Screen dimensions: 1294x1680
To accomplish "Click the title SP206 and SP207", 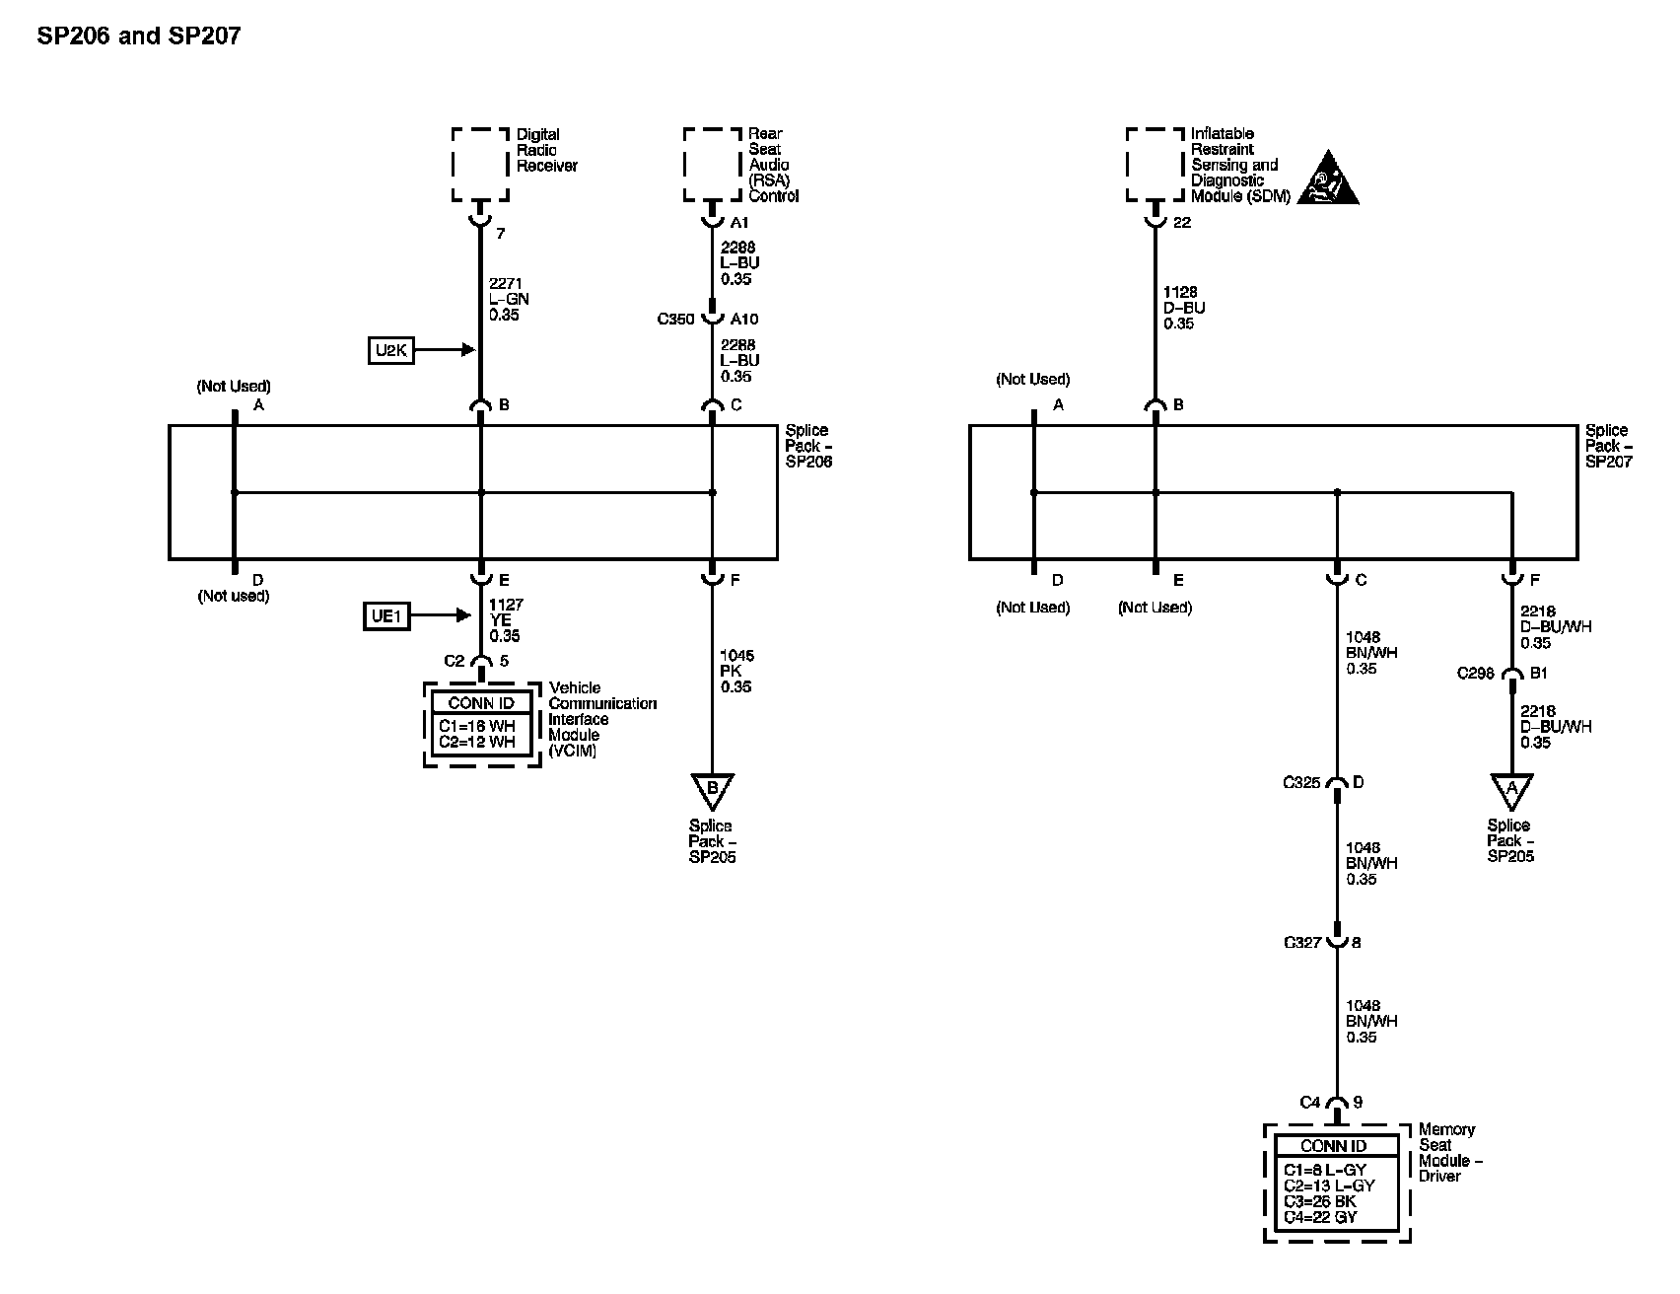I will pyautogui.click(x=138, y=36).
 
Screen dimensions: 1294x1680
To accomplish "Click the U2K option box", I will pyautogui.click(x=391, y=350).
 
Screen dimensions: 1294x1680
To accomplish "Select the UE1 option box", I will pyautogui.click(x=385, y=617).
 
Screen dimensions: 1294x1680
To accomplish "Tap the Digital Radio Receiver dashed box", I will pyautogui.click(x=482, y=164).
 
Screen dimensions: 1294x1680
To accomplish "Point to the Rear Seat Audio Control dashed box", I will pyautogui.click(x=713, y=164).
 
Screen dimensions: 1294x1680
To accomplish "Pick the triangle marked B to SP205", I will pyautogui.click(x=713, y=790).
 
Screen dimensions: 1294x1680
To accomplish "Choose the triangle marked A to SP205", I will pyautogui.click(x=1511, y=790).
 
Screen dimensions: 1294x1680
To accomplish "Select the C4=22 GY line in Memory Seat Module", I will pyautogui.click(x=1321, y=1217).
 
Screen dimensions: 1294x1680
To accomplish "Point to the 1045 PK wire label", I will pyautogui.click(x=736, y=671).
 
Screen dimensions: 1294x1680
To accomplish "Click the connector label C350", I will pyautogui.click(x=676, y=320).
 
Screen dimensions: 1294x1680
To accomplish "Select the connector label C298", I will pyautogui.click(x=1476, y=675).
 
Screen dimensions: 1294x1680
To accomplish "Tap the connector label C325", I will pyautogui.click(x=1301, y=783).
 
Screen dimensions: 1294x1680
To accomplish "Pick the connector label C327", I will pyautogui.click(x=1302, y=943).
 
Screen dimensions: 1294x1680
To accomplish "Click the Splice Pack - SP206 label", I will pyautogui.click(x=808, y=446).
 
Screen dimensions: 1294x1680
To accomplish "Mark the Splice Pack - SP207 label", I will pyautogui.click(x=1608, y=446).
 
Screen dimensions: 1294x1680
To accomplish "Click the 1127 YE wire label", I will pyautogui.click(x=506, y=620).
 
